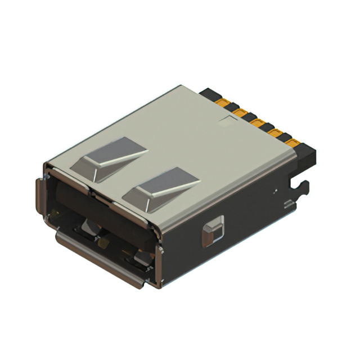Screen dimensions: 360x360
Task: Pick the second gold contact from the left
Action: click(241, 114)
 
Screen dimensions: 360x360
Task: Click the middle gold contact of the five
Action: click(258, 124)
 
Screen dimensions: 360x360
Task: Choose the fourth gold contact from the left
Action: click(275, 134)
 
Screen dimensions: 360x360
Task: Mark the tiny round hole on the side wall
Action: click(276, 191)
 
